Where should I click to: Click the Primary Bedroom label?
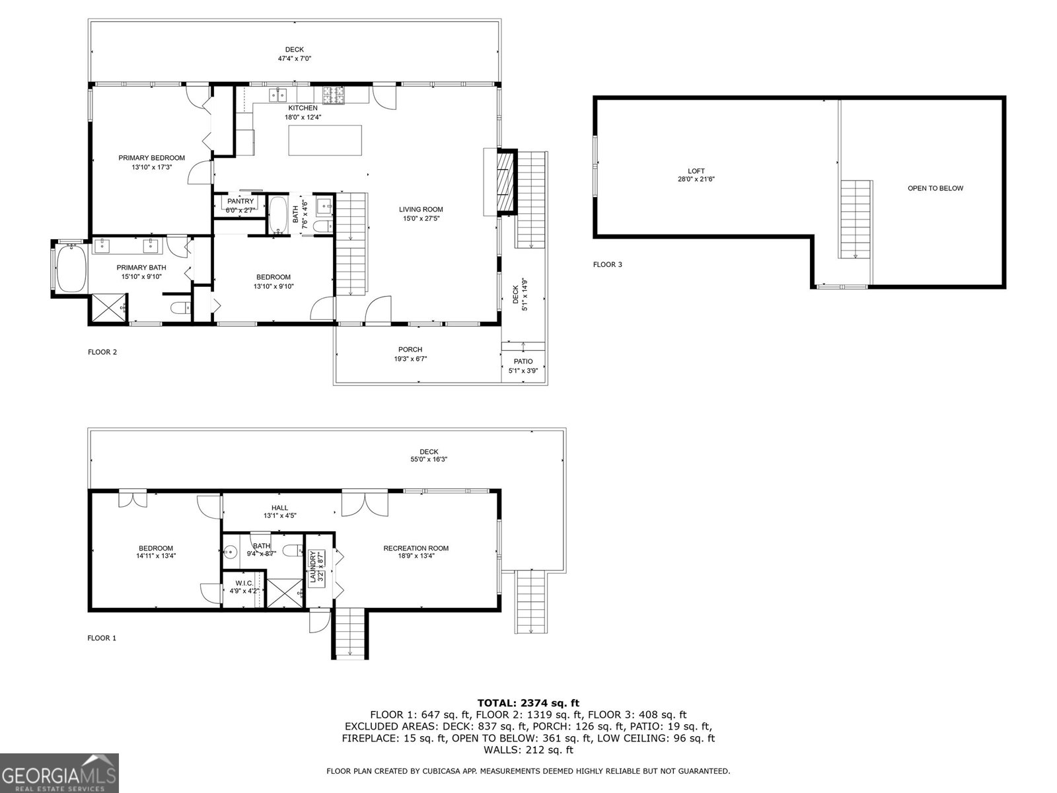tap(151, 158)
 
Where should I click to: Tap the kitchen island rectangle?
tap(325, 140)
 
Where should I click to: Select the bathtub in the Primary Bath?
tap(71, 268)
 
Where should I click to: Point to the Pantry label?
tap(240, 201)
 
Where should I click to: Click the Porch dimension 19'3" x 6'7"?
tap(410, 359)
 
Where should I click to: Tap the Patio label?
tap(523, 361)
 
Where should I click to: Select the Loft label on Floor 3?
tap(696, 171)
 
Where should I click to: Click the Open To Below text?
tap(935, 188)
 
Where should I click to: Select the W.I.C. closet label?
tap(244, 583)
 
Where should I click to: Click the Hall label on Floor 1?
tap(280, 508)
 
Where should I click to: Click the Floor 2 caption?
tap(102, 352)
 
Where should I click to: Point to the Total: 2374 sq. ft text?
tap(528, 703)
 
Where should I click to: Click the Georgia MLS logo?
tap(59, 773)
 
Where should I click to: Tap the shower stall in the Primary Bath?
tap(109, 307)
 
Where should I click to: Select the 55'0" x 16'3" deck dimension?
tap(428, 459)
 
